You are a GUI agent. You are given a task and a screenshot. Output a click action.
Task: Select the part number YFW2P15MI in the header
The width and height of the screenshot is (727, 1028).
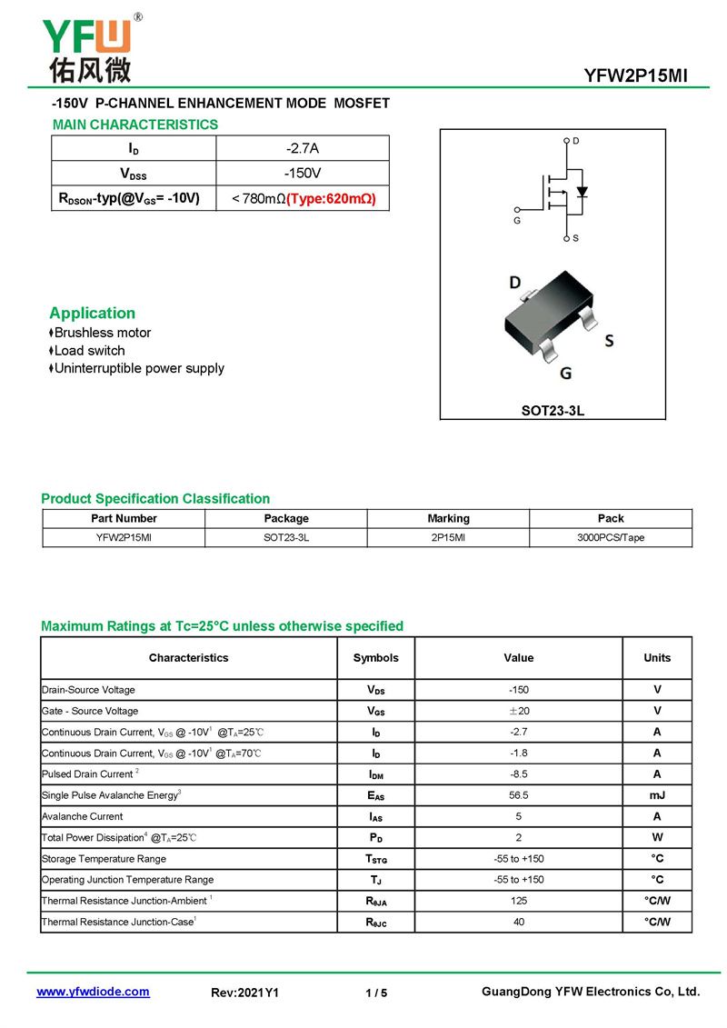click(635, 76)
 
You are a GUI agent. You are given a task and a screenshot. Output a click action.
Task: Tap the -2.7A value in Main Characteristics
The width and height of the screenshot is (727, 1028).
click(303, 148)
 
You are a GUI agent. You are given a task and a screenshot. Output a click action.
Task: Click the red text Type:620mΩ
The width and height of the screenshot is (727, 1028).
click(331, 198)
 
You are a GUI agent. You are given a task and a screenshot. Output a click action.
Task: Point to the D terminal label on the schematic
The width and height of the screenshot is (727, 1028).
click(576, 141)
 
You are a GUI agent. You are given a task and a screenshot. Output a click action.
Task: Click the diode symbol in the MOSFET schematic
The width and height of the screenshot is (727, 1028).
click(582, 192)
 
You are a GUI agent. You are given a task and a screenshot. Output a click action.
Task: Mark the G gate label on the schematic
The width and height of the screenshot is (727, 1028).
click(517, 221)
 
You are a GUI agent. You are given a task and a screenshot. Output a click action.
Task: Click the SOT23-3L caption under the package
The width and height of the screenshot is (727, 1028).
click(553, 411)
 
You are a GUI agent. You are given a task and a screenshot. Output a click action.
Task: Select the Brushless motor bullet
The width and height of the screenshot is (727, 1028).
click(102, 333)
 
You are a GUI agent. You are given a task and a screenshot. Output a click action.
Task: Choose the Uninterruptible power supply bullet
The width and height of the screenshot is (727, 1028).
click(139, 368)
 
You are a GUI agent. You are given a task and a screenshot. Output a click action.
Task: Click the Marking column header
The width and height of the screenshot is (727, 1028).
click(448, 518)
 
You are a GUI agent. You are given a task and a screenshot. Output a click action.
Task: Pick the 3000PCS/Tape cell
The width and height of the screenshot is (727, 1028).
click(611, 537)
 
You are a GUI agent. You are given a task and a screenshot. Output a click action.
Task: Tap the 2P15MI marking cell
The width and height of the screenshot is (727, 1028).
click(448, 537)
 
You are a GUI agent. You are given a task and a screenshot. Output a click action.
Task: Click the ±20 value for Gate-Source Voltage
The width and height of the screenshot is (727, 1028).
click(519, 711)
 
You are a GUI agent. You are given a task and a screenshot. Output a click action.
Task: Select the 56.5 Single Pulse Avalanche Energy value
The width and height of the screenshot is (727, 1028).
click(519, 795)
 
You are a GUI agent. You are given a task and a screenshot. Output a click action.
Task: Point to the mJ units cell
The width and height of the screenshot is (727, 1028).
click(657, 795)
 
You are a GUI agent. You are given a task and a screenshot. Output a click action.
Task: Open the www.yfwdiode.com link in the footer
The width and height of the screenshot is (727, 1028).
click(93, 992)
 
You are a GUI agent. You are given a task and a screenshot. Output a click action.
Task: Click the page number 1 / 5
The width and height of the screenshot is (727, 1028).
click(376, 993)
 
